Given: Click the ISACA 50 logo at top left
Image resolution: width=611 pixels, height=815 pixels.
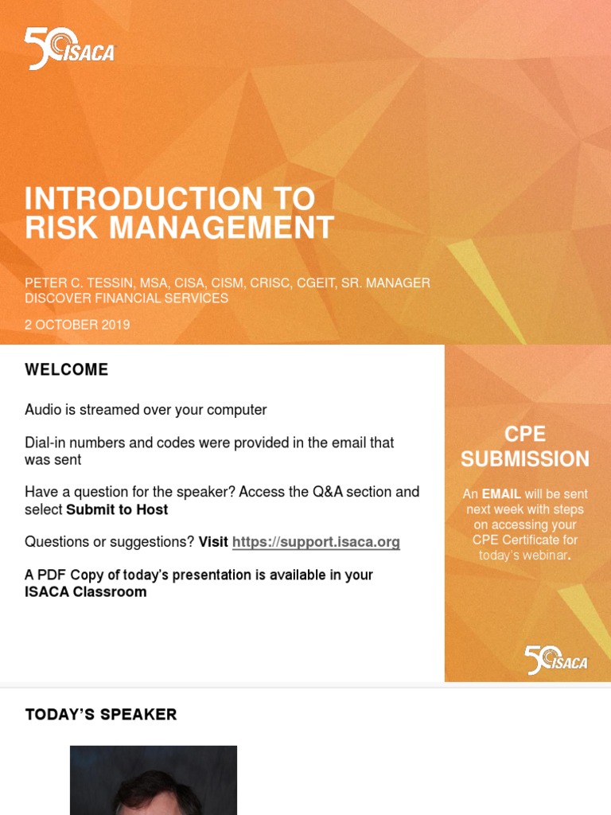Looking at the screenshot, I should [x=69, y=49].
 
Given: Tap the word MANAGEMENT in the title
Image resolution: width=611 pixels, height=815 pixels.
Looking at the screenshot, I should [x=221, y=228].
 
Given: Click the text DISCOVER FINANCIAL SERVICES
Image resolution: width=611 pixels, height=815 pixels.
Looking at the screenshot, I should [x=126, y=298].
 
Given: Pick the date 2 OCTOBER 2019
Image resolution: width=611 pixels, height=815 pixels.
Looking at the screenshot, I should [x=77, y=325].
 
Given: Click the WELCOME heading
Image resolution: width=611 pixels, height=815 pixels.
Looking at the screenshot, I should [x=66, y=370].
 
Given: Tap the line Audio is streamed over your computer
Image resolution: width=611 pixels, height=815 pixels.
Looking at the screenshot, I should [x=146, y=410].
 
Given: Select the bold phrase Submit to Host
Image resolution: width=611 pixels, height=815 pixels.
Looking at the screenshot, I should [x=117, y=509].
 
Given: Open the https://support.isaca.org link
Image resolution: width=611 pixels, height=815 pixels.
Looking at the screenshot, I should [x=316, y=542].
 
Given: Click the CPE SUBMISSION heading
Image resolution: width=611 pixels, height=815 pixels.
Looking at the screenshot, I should [x=525, y=446].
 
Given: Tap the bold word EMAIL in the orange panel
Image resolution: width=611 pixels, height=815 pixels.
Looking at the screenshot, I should [x=501, y=494].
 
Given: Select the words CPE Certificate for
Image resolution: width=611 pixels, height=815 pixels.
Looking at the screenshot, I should [x=525, y=540].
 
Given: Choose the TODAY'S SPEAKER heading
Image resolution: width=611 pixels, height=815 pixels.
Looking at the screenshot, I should [x=101, y=715].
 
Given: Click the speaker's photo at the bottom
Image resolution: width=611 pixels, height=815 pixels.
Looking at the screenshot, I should [x=154, y=780].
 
